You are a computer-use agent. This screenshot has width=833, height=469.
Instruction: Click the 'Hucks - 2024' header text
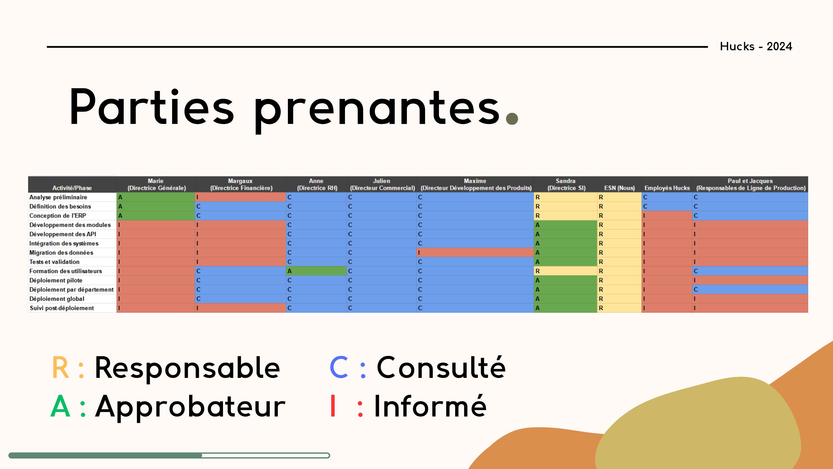[x=756, y=46]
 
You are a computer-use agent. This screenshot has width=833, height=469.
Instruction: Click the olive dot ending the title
[x=512, y=118]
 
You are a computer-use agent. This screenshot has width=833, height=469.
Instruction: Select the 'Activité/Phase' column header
[x=72, y=188]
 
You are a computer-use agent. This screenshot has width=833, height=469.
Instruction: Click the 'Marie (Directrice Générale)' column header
[x=156, y=184]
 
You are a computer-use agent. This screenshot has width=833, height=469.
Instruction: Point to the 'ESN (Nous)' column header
[x=619, y=188]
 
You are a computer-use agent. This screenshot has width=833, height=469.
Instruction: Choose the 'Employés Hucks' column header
[x=667, y=188]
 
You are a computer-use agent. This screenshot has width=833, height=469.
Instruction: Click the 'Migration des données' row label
[x=61, y=253]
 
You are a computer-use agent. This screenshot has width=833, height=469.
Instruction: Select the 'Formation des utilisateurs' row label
[x=66, y=271]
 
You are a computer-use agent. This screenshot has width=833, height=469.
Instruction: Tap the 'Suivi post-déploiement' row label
[x=62, y=308]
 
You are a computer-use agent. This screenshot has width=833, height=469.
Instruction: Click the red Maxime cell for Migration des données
[x=475, y=253]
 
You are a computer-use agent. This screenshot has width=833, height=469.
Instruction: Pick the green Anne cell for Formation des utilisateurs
[x=316, y=271]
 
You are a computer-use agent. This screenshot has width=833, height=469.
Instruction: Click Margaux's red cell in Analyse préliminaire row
[x=240, y=197]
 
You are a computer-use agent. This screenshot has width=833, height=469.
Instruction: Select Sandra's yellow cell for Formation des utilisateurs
[x=565, y=271]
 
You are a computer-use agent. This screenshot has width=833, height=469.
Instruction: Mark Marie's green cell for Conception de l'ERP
[x=155, y=216]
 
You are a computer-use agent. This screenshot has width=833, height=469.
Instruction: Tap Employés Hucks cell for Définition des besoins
[x=667, y=206]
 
